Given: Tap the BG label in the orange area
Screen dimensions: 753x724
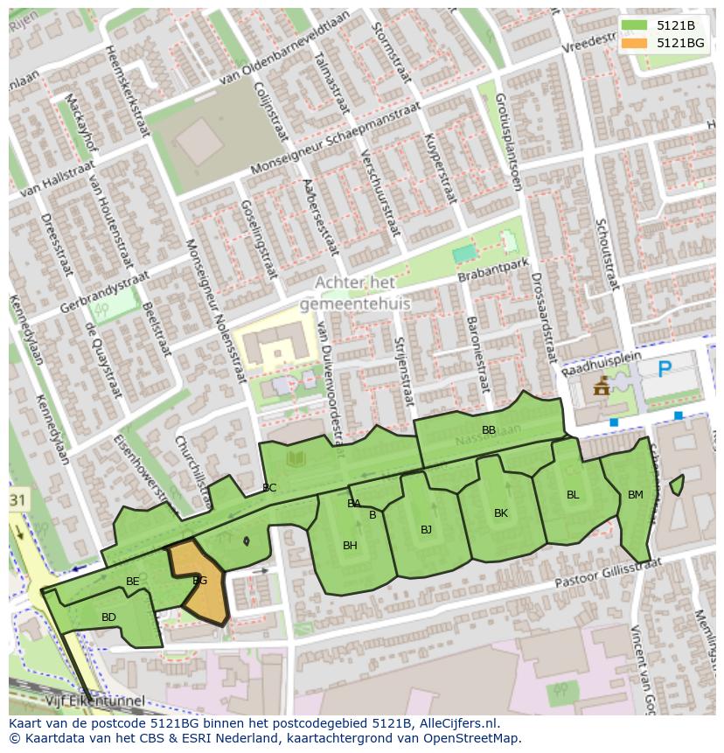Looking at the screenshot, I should (x=199, y=581).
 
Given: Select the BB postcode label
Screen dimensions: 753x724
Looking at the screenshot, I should (x=489, y=429).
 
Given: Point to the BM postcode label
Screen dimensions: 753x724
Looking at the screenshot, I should (x=636, y=495).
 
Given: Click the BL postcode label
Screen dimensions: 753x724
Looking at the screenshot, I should (x=573, y=495).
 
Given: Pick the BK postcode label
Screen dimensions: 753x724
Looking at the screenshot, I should (x=501, y=513).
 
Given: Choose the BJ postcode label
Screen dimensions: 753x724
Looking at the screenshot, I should (x=426, y=529).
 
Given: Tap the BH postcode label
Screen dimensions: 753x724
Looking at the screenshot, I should (x=350, y=546).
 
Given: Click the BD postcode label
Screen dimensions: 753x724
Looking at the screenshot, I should (x=108, y=617).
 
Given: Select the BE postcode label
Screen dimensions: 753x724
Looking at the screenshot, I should (x=133, y=582).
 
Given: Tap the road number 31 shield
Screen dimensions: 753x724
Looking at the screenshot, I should (x=18, y=499).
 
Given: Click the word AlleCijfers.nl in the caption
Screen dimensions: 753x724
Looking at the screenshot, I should (x=458, y=723).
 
